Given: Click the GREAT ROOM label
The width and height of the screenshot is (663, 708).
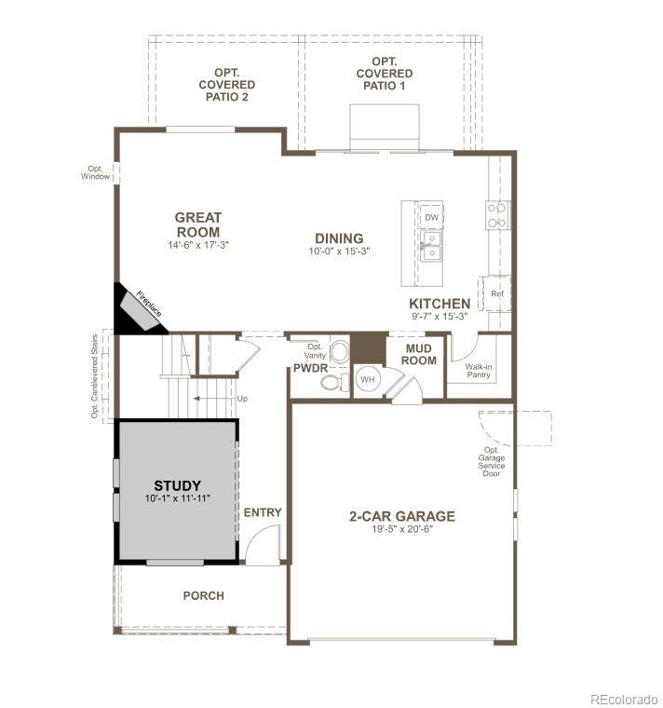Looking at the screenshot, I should coord(197,225).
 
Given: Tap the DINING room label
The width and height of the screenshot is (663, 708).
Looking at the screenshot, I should coord(338,238).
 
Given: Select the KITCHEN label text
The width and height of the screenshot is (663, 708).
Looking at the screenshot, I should coord(440,304).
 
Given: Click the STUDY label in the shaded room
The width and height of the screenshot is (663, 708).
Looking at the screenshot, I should coord(177,485).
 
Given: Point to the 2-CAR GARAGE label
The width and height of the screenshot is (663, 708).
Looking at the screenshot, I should coord(402,516).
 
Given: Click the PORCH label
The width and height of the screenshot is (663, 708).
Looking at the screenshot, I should coord(203,595).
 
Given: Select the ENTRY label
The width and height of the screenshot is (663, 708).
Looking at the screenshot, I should coord(262,512).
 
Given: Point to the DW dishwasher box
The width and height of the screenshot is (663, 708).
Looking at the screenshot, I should coord(430,217).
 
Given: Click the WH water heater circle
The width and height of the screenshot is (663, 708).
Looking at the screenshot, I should coord(367,380).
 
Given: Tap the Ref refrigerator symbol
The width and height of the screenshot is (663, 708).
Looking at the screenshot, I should coord(496,293).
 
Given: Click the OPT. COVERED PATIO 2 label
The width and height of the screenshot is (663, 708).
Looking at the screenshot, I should coord(226,85).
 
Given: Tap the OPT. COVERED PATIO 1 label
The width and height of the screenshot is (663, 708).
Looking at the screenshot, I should coord(385,74).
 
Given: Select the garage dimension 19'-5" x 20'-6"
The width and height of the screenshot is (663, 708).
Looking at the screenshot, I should coord(402,529).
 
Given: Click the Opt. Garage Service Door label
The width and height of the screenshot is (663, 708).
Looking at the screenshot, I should coord(491,462).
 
